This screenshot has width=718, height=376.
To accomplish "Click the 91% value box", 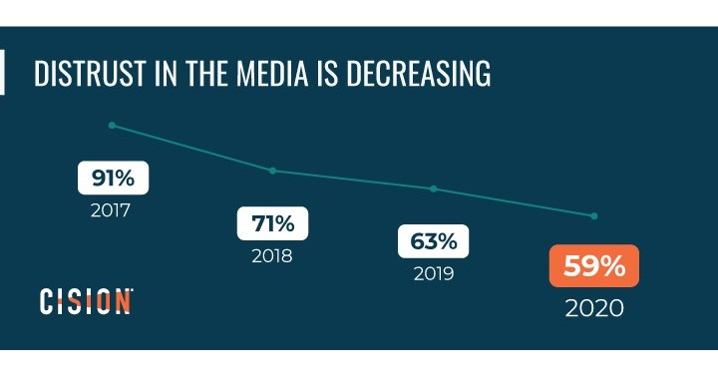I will [113, 179].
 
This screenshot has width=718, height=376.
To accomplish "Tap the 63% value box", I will [433, 241].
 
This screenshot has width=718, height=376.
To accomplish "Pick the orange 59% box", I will [593, 267].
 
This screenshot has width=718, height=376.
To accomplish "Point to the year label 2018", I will [271, 255].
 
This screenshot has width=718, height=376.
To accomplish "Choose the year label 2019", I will [433, 273].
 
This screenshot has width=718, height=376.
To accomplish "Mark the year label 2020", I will [593, 307].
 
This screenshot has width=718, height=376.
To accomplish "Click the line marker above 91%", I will [112, 125].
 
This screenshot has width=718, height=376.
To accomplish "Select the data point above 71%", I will [272, 171].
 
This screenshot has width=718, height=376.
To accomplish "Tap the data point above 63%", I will [433, 188].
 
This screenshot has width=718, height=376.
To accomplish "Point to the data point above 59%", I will [594, 215].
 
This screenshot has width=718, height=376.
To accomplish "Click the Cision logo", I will [86, 301].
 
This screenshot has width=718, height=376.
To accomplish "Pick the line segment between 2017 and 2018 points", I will [191, 148].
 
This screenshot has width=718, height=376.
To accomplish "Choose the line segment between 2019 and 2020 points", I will [514, 202].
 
